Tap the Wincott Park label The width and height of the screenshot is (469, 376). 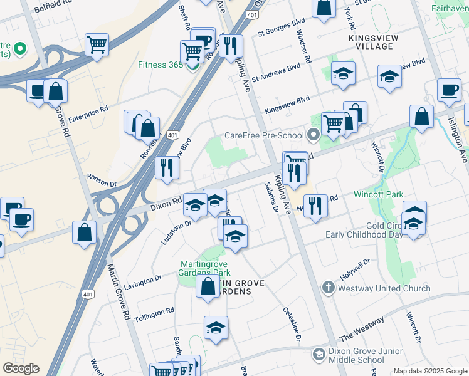pos(377,195)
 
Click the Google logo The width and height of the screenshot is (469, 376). pos(21,368)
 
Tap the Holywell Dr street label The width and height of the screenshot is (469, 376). pos(356,268)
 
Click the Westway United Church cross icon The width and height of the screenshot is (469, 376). pos(327,288)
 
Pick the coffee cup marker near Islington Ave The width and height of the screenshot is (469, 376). pos(449,90)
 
